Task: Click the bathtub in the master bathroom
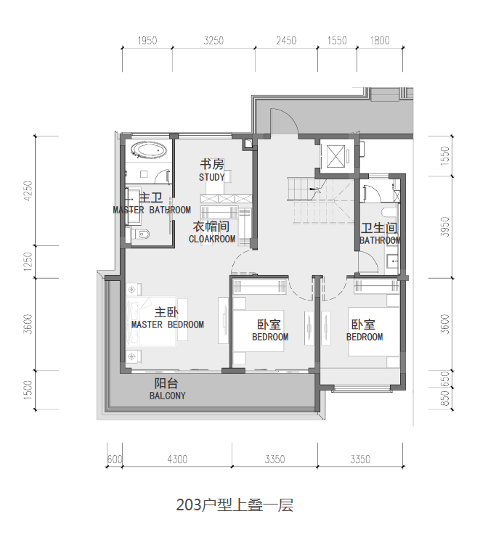click(x=149, y=150)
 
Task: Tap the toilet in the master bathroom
click(x=142, y=234)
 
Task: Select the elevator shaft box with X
click(x=335, y=156)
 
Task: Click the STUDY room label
click(x=211, y=177)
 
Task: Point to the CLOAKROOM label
click(x=212, y=239)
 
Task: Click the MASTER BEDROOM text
click(x=168, y=324)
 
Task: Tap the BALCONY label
click(x=168, y=396)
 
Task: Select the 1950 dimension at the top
click(x=147, y=41)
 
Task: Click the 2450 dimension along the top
click(x=286, y=41)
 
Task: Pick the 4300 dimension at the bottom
click(x=177, y=460)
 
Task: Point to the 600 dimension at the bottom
click(x=114, y=460)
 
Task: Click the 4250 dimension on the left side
click(x=28, y=191)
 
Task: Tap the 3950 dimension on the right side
click(x=444, y=226)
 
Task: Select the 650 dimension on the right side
click(x=445, y=379)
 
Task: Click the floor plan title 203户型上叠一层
click(x=235, y=505)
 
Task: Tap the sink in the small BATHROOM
click(x=392, y=262)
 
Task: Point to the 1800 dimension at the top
click(x=380, y=41)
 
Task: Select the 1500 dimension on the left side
click(x=28, y=390)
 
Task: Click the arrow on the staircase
click(x=314, y=189)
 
